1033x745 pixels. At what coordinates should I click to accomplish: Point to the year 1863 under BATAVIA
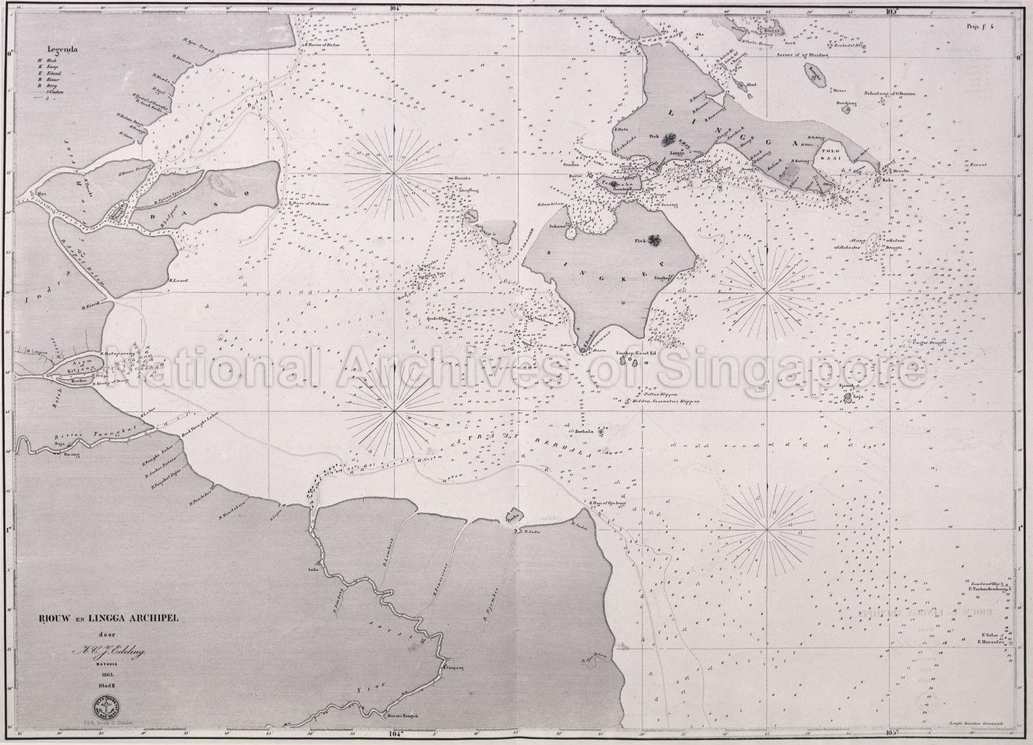(x=107, y=673)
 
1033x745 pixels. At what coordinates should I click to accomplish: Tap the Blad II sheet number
(x=108, y=686)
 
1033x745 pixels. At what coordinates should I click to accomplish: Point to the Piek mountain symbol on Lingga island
(x=668, y=140)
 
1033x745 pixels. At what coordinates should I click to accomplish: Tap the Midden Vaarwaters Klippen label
(x=666, y=401)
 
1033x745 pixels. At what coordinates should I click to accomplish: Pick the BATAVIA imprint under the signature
(x=107, y=662)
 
